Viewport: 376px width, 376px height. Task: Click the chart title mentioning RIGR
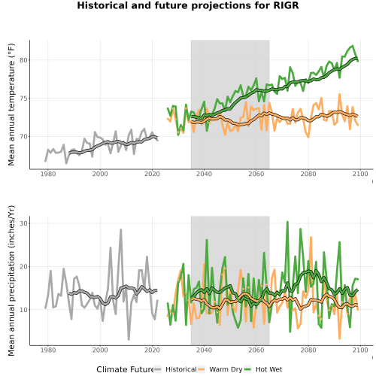(x=188, y=5)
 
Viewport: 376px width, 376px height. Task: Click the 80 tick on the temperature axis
(x=23, y=60)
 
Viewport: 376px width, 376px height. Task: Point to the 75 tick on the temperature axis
(x=23, y=99)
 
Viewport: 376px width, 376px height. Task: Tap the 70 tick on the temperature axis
(x=23, y=137)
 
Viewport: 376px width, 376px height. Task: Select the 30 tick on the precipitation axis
(x=23, y=223)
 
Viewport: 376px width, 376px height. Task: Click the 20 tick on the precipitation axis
(x=23, y=266)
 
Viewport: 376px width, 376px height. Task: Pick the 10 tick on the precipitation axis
(x=23, y=310)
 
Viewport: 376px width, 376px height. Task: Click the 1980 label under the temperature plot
(x=48, y=174)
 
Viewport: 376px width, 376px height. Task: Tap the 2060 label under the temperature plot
(x=256, y=174)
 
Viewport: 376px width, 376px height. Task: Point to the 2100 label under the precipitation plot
(x=360, y=350)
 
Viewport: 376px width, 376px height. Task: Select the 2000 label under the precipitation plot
(x=100, y=350)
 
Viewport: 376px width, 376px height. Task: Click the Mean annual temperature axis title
(x=11, y=105)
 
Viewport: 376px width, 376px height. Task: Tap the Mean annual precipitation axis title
(x=11, y=280)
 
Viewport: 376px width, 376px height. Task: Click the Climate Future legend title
(x=126, y=369)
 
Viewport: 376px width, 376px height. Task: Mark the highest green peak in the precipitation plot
(x=287, y=222)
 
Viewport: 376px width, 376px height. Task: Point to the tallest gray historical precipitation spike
(x=121, y=229)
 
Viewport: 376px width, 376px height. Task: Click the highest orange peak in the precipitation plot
(x=311, y=237)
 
